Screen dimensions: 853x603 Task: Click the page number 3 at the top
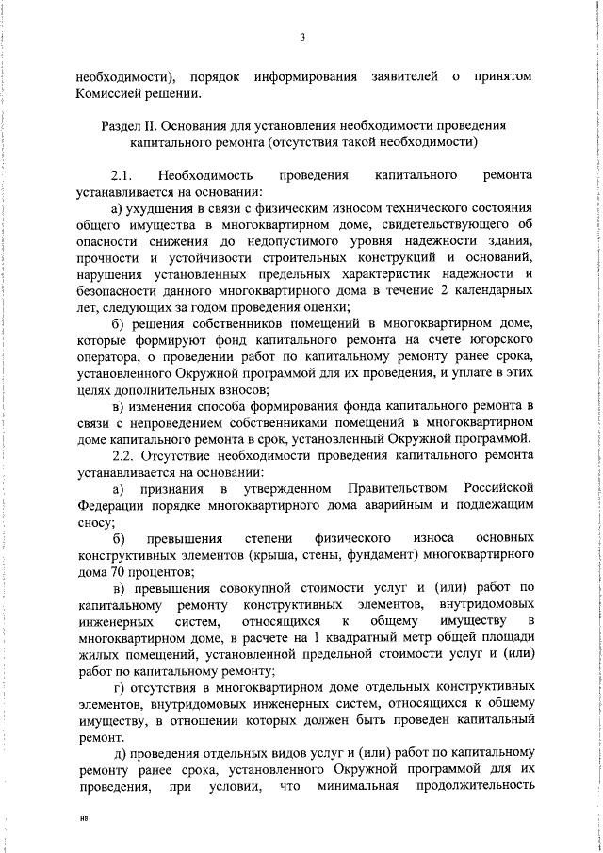point(302,37)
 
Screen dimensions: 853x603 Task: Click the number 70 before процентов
point(120,571)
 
